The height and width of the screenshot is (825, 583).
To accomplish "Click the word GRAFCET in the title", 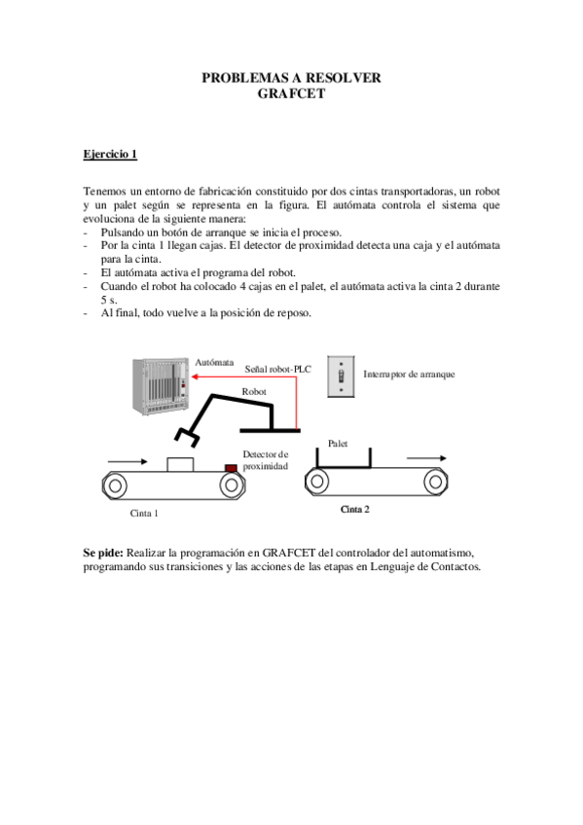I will (x=291, y=94).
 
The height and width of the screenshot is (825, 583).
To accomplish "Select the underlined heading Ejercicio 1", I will (x=110, y=154).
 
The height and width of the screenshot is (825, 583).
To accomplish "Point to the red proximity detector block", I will (x=232, y=468).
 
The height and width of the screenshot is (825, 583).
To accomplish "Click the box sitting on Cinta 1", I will (x=179, y=464).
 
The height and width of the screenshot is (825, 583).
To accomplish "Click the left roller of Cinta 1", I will (x=116, y=484).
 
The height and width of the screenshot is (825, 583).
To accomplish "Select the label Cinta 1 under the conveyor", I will (x=144, y=512).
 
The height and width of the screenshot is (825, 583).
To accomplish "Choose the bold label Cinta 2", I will (x=354, y=509).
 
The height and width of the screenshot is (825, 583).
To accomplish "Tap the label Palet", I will (x=339, y=442).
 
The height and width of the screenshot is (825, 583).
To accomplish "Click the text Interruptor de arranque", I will (x=408, y=375).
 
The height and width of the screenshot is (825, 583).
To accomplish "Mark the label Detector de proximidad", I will (x=266, y=460).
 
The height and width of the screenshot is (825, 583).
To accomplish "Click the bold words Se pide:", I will (x=103, y=553).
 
